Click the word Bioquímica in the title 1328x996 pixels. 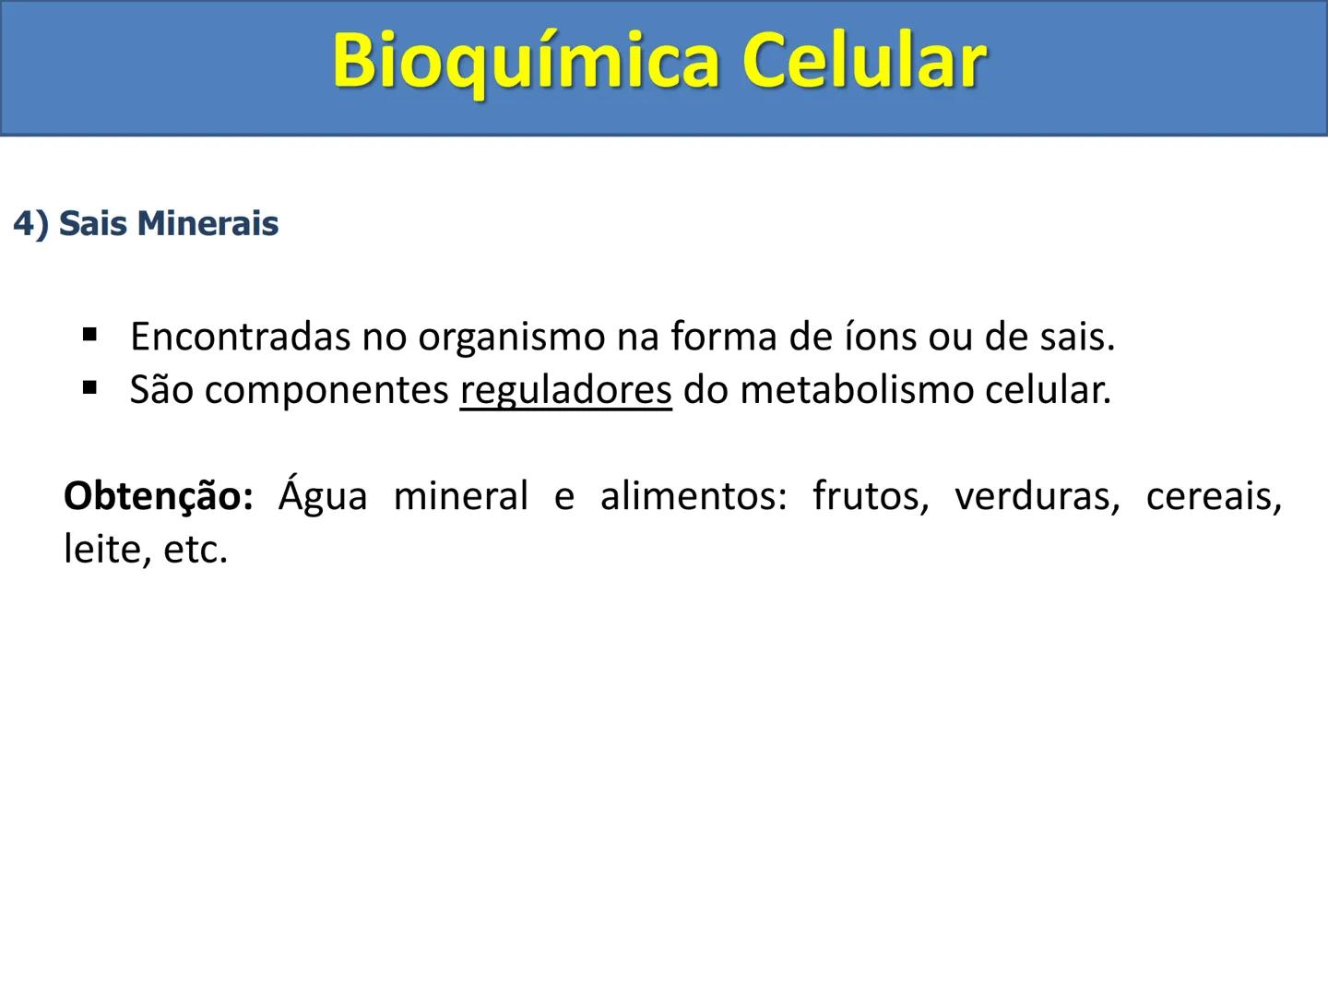(525, 61)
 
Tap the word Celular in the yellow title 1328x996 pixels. (864, 61)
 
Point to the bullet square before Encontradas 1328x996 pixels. (89, 334)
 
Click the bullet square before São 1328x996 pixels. (89, 388)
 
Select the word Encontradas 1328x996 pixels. (240, 337)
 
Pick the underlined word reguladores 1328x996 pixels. (565, 391)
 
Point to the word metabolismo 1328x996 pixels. (857, 390)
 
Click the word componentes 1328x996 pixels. (326, 391)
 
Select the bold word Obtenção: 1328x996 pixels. (158, 496)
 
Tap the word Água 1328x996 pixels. (322, 496)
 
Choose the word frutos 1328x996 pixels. (870, 496)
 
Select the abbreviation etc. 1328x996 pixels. (195, 551)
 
